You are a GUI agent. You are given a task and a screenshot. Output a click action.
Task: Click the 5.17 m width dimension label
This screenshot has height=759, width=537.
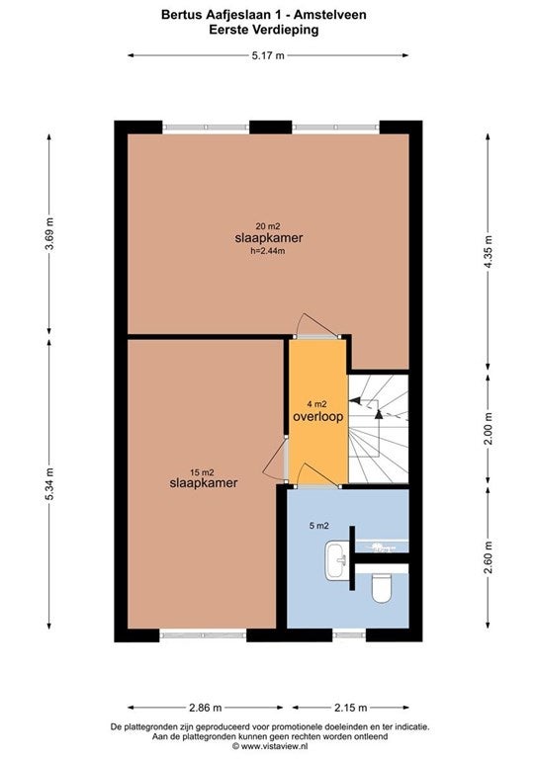268,55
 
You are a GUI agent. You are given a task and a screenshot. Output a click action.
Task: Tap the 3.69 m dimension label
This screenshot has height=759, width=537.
49,234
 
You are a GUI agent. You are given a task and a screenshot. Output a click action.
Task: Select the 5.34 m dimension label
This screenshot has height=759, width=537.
49,484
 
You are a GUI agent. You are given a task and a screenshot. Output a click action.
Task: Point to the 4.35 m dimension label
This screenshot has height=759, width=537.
489,252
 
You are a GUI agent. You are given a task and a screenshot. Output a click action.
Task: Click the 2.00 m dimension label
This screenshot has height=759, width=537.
489,430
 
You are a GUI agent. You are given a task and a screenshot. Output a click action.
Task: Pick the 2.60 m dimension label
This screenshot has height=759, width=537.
489,557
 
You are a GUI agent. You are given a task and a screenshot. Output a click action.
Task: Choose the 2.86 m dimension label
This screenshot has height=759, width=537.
205,708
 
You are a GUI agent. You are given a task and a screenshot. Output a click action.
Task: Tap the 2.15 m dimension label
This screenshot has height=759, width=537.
350,708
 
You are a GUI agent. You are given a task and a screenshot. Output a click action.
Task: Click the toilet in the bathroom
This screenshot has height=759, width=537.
381,588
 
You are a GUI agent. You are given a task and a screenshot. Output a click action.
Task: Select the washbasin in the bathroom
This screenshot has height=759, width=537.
336,561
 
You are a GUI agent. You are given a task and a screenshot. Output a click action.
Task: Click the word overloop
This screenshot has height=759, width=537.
318,416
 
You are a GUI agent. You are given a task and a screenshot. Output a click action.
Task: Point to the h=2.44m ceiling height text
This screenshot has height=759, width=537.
267,251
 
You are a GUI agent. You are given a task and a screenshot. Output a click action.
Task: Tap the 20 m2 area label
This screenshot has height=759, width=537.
268,226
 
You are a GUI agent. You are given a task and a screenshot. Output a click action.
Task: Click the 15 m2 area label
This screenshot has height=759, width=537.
202,472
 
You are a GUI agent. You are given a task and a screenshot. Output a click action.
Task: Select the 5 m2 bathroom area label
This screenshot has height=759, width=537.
319,526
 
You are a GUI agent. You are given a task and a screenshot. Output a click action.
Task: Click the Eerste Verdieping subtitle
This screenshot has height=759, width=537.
264,30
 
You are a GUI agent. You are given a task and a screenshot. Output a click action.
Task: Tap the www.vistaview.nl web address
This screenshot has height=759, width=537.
274,747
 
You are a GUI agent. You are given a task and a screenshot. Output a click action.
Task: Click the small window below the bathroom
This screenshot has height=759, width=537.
350,634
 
